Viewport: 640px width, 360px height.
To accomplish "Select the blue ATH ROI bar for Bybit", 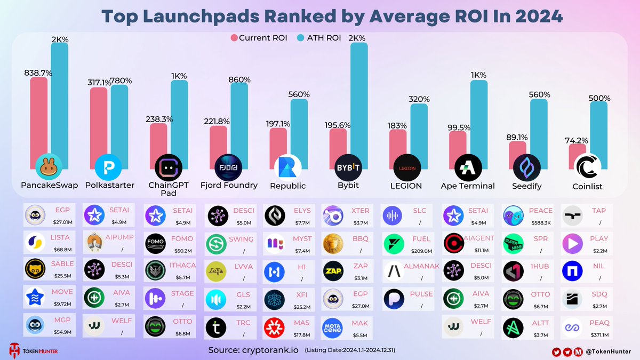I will (x=359, y=101).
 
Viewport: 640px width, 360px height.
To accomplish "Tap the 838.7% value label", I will (x=38, y=72).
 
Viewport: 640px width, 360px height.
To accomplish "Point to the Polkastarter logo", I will (x=108, y=167).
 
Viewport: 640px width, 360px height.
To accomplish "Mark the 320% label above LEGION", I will (x=419, y=99).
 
